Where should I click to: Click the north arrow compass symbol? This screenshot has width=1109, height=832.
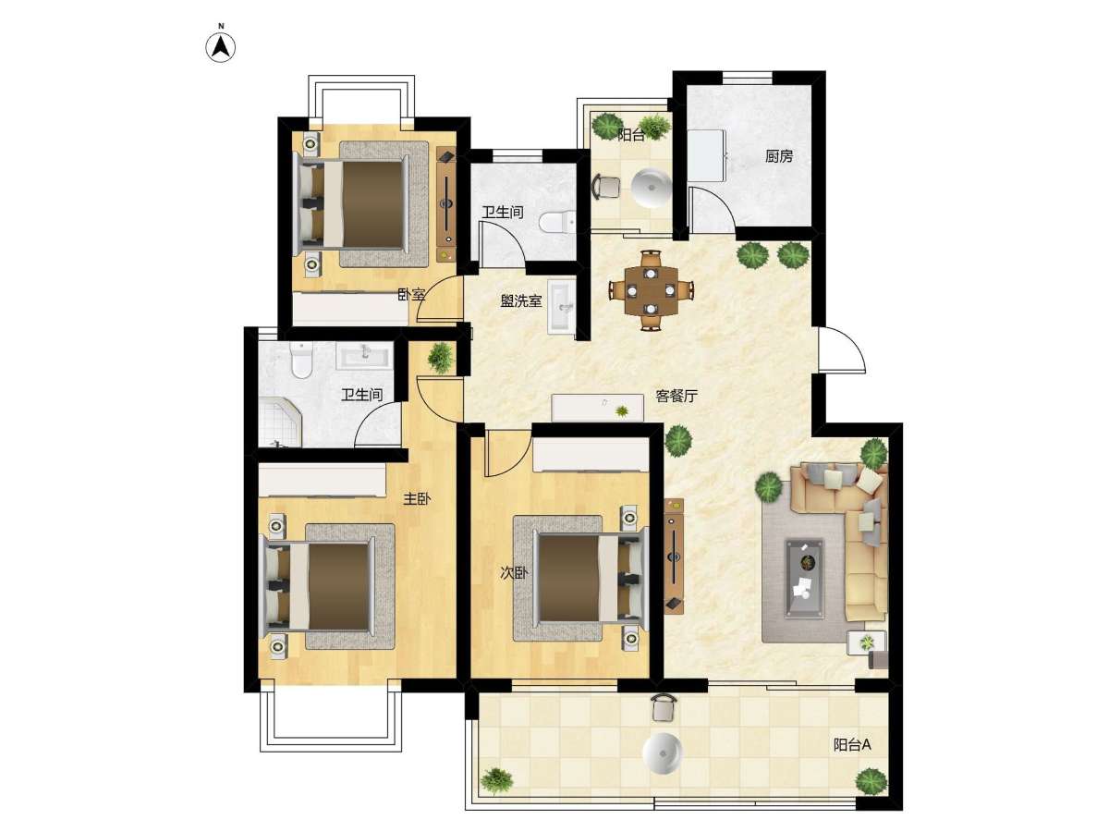pos(220,47)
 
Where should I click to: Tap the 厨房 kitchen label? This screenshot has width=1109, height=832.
pos(778,156)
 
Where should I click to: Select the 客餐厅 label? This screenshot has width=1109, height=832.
pos(676,396)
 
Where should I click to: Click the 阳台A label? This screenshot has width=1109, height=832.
pos(852,744)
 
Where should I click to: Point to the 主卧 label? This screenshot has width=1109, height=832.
pos(417,499)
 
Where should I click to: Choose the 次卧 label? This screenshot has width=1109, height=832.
pos(515,573)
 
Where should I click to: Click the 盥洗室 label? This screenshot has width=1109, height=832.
pos(521,301)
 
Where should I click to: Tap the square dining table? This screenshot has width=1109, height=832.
pos(652,290)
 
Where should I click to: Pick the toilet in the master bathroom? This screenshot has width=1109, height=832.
pos(301,360)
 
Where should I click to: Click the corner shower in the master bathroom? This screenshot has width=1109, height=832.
pos(280,422)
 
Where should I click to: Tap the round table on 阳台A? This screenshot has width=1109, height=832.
pos(663,752)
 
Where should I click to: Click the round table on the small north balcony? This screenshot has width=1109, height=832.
pos(652,189)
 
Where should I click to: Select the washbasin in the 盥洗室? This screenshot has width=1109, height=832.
pos(561,306)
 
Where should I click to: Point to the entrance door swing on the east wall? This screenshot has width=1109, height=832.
pos(842,349)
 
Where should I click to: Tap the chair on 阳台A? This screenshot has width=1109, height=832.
pos(664,708)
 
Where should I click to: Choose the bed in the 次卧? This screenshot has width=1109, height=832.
pos(592,578)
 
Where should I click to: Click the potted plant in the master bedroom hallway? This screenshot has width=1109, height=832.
pos(440,358)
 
